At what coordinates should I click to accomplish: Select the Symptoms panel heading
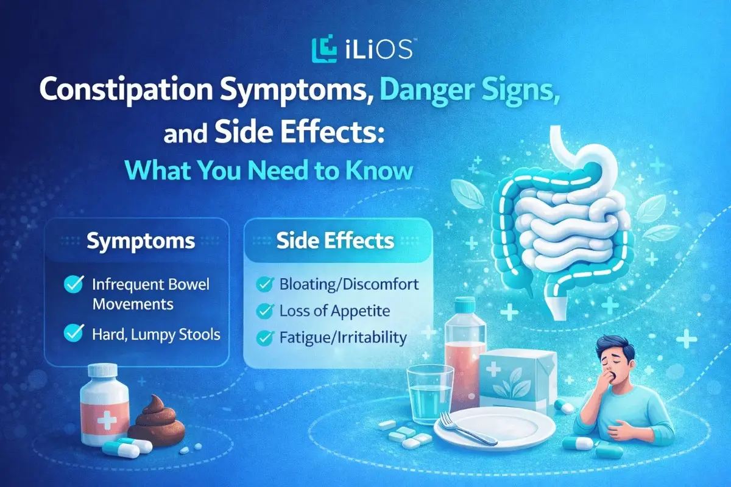point(141,242)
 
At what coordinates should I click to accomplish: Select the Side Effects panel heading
point(335,241)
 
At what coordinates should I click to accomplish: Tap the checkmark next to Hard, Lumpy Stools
point(74,332)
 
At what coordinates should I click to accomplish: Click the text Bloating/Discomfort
point(349,284)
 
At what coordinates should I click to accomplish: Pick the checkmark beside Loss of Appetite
point(265,311)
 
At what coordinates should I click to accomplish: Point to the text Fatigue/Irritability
point(343,337)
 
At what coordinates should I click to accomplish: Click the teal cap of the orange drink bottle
point(465,303)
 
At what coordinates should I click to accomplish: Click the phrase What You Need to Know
point(272,170)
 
